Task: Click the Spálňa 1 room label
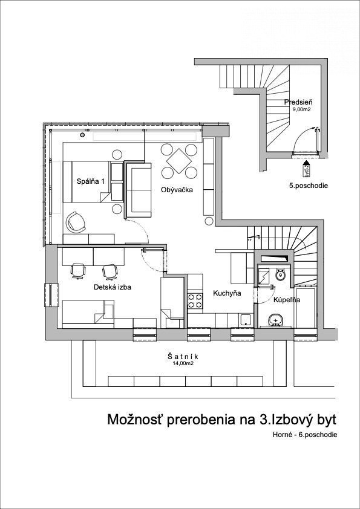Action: (x=91, y=182)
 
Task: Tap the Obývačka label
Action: (x=177, y=190)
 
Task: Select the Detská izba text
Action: (x=113, y=287)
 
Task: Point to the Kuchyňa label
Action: (x=227, y=293)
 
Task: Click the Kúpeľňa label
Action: (x=286, y=300)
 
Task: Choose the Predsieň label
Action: (x=299, y=102)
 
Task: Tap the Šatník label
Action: (x=183, y=357)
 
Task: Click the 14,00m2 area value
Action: (x=183, y=363)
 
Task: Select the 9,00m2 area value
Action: (x=302, y=110)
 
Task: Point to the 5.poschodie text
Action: (x=309, y=186)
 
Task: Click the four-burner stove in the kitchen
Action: (x=195, y=300)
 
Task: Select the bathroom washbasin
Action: (x=277, y=320)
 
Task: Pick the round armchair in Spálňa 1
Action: (x=76, y=222)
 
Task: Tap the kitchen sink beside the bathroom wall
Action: (x=246, y=320)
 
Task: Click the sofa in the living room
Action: (x=139, y=190)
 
